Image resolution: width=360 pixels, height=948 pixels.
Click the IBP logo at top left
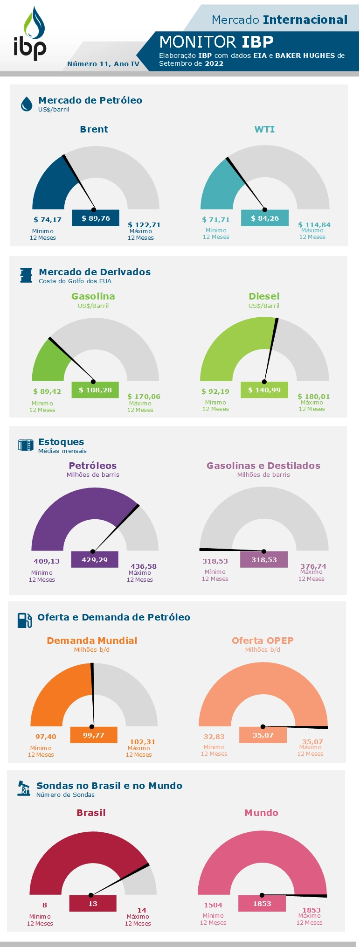click(30, 35)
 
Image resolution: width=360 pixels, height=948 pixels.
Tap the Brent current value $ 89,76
click(96, 218)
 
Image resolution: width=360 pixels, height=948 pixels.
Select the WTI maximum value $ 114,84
click(314, 225)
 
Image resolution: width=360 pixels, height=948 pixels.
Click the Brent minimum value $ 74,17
click(48, 220)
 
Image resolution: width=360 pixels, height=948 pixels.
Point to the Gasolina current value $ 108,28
click(95, 390)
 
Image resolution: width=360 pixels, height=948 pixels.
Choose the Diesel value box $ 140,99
click(264, 390)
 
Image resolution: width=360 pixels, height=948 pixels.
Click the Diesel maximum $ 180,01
click(313, 397)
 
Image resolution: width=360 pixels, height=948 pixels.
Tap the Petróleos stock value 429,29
click(95, 559)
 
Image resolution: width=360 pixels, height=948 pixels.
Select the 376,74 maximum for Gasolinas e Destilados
click(313, 566)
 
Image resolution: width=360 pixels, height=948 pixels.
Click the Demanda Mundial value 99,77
click(94, 735)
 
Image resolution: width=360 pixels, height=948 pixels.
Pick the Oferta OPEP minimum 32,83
click(214, 737)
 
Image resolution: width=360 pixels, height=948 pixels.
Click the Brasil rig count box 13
click(93, 904)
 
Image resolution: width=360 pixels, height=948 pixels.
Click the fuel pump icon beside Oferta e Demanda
click(25, 620)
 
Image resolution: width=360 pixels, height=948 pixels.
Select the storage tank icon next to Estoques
click(26, 445)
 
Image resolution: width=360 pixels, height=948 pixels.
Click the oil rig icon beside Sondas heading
click(24, 788)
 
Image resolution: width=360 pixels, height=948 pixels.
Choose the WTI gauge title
click(264, 129)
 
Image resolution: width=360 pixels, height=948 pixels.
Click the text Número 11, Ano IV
click(103, 64)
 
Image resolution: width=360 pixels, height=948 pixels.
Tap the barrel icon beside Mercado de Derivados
click(26, 275)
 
